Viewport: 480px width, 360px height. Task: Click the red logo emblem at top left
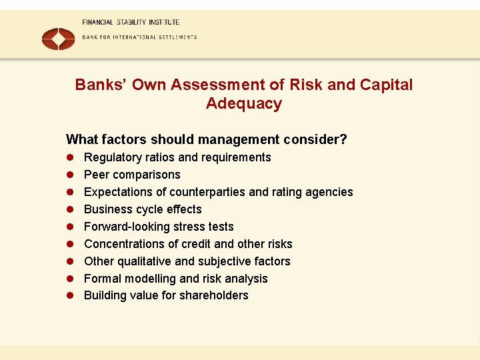point(59,38)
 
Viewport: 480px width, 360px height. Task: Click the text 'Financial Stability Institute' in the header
point(131,22)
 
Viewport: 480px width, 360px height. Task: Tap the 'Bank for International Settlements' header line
point(139,37)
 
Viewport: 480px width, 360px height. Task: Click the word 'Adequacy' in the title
point(244,104)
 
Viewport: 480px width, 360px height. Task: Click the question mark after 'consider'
point(343,139)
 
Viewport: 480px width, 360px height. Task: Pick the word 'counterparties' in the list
point(207,192)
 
